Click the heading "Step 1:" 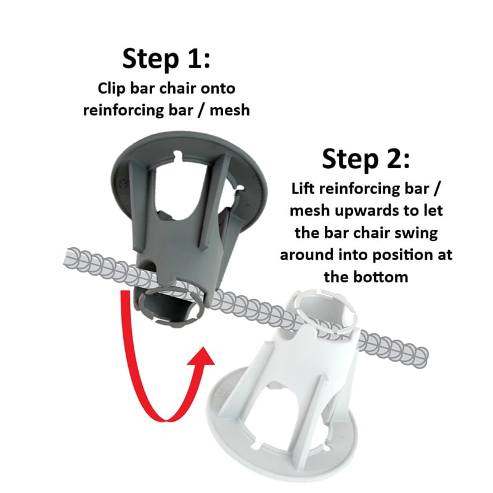tap(166, 60)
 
